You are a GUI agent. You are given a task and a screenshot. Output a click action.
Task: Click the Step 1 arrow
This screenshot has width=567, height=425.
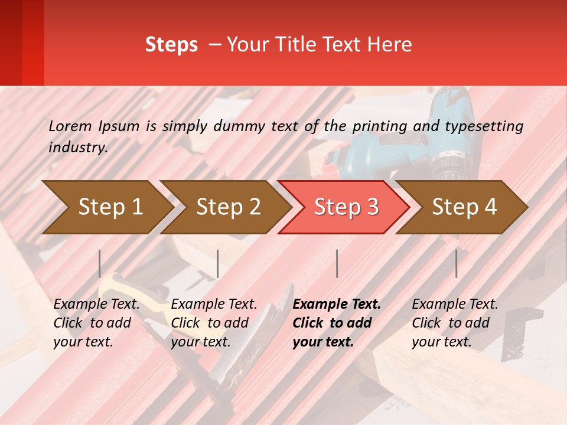point(106,207)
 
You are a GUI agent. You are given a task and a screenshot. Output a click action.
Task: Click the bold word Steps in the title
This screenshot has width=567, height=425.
point(171,45)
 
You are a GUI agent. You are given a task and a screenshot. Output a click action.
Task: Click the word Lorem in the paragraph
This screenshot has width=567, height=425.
point(70,126)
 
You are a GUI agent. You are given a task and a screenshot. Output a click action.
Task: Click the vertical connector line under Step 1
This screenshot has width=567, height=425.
point(100,263)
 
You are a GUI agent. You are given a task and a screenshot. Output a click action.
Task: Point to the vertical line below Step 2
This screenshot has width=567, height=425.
point(218,263)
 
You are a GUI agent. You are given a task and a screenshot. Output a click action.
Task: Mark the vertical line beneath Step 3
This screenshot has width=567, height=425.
point(337,263)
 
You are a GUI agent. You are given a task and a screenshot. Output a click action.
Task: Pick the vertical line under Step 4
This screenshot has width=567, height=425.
point(456,263)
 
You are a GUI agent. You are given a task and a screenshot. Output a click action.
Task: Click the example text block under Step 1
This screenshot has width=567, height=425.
point(96,323)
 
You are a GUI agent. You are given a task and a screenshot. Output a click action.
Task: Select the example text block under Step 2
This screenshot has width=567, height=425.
point(214,323)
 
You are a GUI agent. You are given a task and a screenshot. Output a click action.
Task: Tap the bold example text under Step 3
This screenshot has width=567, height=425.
point(336,323)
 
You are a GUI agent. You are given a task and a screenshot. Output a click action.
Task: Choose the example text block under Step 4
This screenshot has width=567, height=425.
point(455,323)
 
